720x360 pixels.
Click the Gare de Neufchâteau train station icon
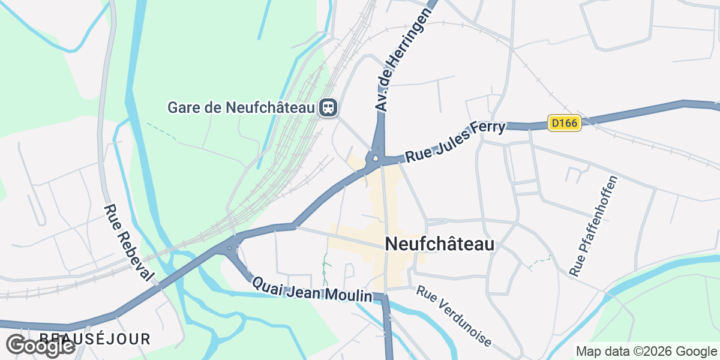(x=329, y=107)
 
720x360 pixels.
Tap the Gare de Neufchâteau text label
(x=241, y=108)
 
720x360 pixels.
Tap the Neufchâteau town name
(x=440, y=244)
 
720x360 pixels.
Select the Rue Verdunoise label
(x=454, y=316)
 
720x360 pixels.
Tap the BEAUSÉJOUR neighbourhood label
(x=95, y=339)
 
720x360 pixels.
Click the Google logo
(x=40, y=346)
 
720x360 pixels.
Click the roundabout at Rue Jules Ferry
(x=376, y=160)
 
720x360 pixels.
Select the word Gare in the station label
(x=184, y=108)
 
